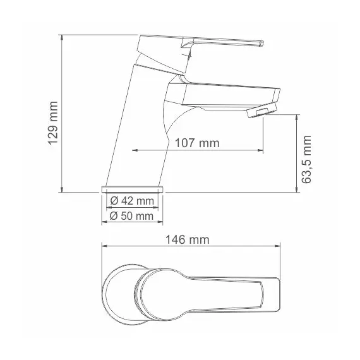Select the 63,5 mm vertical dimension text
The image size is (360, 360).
(308, 159)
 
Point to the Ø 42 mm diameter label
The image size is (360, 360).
(132, 201)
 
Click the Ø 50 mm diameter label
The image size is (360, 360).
(132, 216)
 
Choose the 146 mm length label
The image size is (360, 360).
(188, 240)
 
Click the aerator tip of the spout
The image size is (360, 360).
(256, 113)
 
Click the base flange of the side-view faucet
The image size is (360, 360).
(132, 189)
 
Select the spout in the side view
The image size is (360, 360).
(221, 95)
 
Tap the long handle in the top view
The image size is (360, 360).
(215, 294)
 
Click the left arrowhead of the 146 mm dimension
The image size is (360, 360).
(104, 247)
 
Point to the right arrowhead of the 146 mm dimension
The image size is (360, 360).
(278, 247)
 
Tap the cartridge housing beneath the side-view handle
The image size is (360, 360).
(177, 66)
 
